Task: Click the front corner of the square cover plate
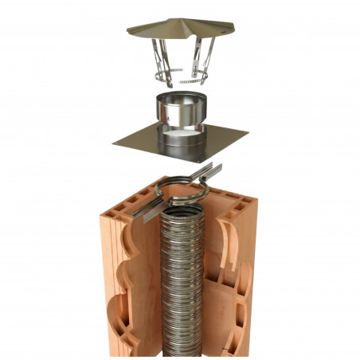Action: click(x=202, y=159)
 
